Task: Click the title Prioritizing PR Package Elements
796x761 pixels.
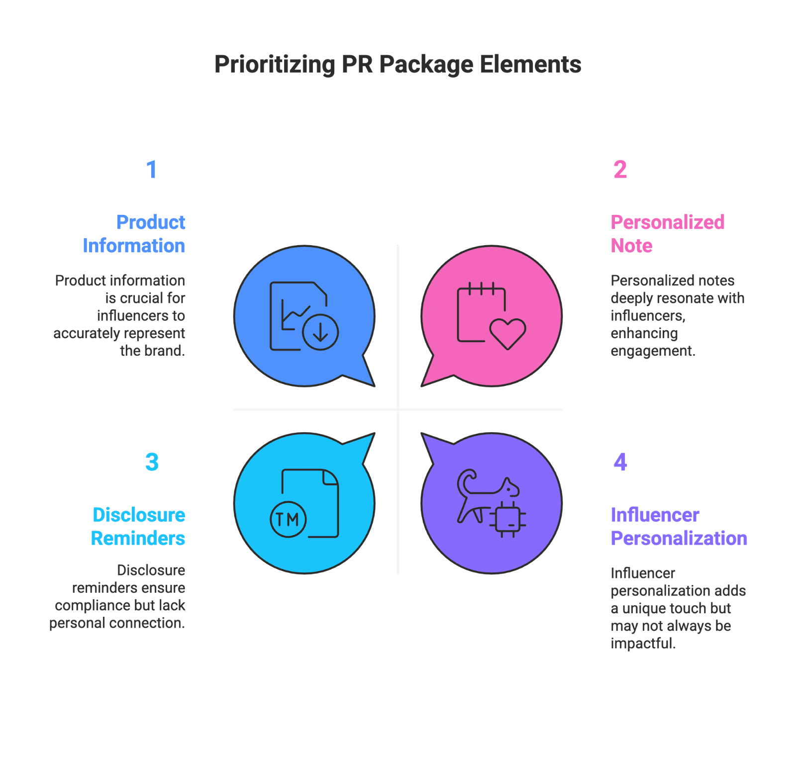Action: click(398, 65)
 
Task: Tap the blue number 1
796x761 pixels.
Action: click(152, 170)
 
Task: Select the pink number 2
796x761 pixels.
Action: click(620, 170)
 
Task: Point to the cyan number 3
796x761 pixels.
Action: click(152, 462)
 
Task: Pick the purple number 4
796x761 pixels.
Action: click(620, 462)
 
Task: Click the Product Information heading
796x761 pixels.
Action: click(134, 234)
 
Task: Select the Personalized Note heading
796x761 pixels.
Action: click(667, 234)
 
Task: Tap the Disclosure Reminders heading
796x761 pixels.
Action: click(138, 526)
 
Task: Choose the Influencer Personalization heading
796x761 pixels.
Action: click(679, 526)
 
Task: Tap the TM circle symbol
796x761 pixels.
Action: click(288, 520)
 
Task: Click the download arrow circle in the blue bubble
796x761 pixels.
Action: click(320, 332)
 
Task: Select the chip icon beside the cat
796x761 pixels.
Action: click(508, 519)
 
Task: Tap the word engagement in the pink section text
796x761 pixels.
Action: click(652, 351)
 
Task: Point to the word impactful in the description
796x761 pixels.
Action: click(643, 644)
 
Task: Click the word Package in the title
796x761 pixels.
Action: click(426, 65)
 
